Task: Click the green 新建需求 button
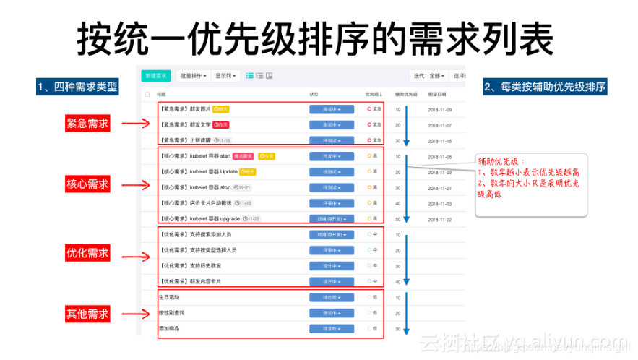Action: [x=156, y=75]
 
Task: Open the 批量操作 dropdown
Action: [x=193, y=75]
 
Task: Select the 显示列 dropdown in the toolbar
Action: [x=226, y=75]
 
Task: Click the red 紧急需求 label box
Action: [x=87, y=124]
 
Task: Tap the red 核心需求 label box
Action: [x=87, y=184]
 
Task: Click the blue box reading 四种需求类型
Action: [x=77, y=87]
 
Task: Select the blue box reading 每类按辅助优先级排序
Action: [x=544, y=87]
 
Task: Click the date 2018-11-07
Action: [x=439, y=125]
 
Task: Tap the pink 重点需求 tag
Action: [x=243, y=156]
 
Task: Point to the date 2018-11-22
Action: [x=439, y=219]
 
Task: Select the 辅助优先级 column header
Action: [x=406, y=94]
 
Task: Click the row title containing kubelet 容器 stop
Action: [x=195, y=187]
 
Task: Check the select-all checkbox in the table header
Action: [x=147, y=94]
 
